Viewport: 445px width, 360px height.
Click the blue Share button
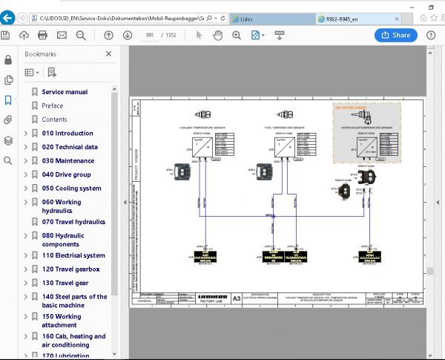[396, 35]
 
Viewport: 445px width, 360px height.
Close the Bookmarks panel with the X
[109, 53]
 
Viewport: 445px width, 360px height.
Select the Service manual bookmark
[65, 92]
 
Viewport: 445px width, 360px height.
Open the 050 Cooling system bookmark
[71, 189]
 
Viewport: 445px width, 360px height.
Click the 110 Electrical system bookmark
[73, 255]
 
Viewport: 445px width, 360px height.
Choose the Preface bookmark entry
[52, 106]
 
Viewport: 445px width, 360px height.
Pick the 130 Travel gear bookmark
[65, 283]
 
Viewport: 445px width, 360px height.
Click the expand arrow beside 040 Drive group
[26, 174]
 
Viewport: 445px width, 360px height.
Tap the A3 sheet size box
[237, 298]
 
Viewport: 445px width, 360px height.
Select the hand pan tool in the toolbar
[218, 35]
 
